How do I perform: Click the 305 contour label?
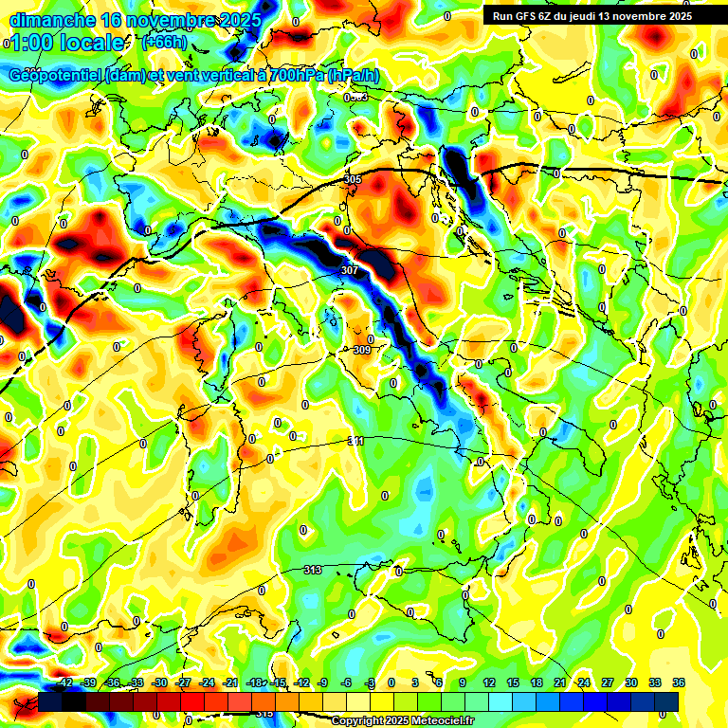pyautogui.click(x=354, y=179)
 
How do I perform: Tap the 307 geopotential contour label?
pyautogui.click(x=350, y=270)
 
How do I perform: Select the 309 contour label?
pyautogui.click(x=361, y=350)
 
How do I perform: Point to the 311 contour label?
pyautogui.click(x=355, y=441)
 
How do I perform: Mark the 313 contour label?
pyautogui.click(x=312, y=570)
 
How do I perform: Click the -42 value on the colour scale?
pyautogui.click(x=65, y=682)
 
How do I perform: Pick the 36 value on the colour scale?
pyautogui.click(x=679, y=682)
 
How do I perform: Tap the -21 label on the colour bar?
pyautogui.click(x=230, y=682)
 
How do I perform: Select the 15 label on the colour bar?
pyautogui.click(x=513, y=682)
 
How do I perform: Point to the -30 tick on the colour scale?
pyautogui.click(x=159, y=682)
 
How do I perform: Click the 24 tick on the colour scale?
pyautogui.click(x=584, y=682)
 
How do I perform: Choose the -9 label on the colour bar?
pyautogui.click(x=322, y=682)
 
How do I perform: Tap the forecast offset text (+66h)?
pyautogui.click(x=163, y=42)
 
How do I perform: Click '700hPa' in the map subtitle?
pyautogui.click(x=296, y=76)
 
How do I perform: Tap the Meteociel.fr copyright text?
pyautogui.click(x=402, y=720)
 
